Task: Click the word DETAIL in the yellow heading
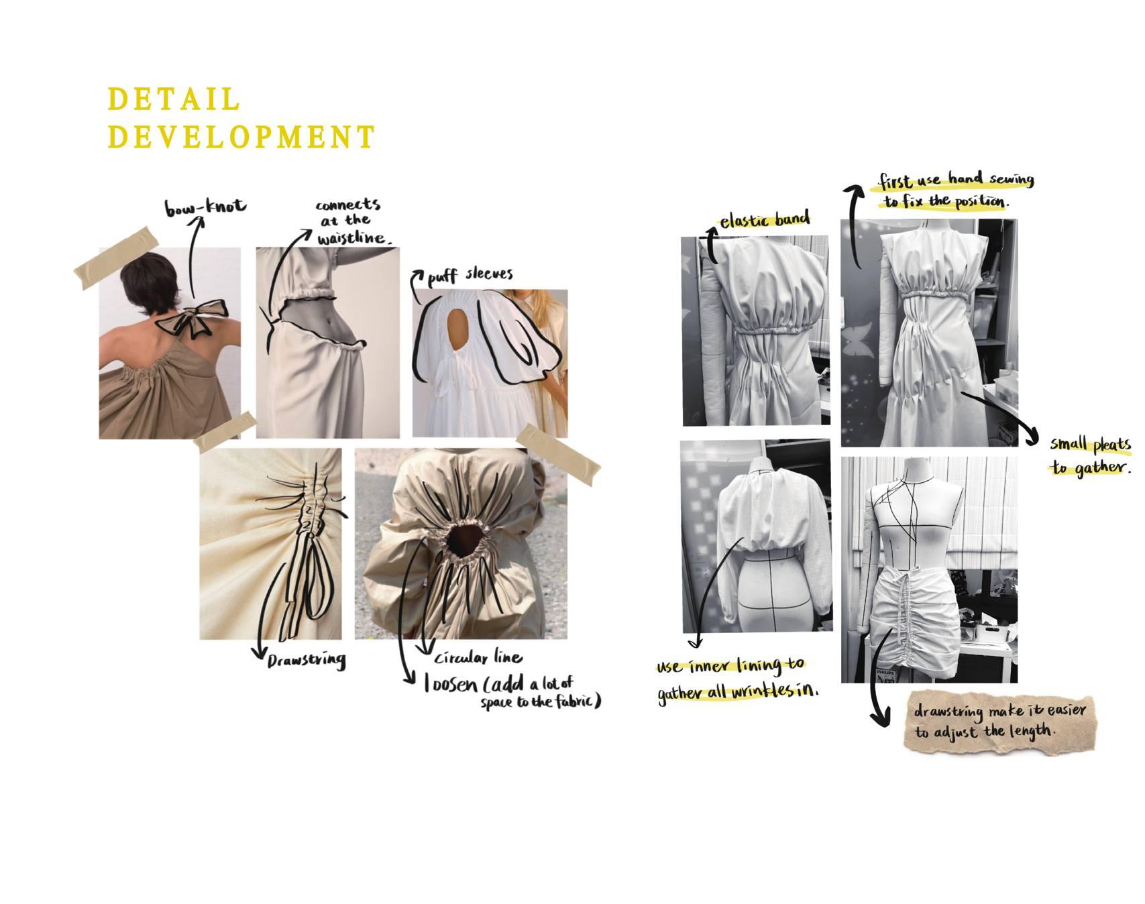tap(174, 99)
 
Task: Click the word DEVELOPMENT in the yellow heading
tap(241, 137)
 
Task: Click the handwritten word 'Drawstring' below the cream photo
tap(307, 661)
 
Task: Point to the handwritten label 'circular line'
tap(478, 657)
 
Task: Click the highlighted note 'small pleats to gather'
tap(1091, 456)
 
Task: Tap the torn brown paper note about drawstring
tap(999, 721)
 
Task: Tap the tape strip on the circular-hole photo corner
tap(558, 454)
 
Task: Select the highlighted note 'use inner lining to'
tap(730, 666)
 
